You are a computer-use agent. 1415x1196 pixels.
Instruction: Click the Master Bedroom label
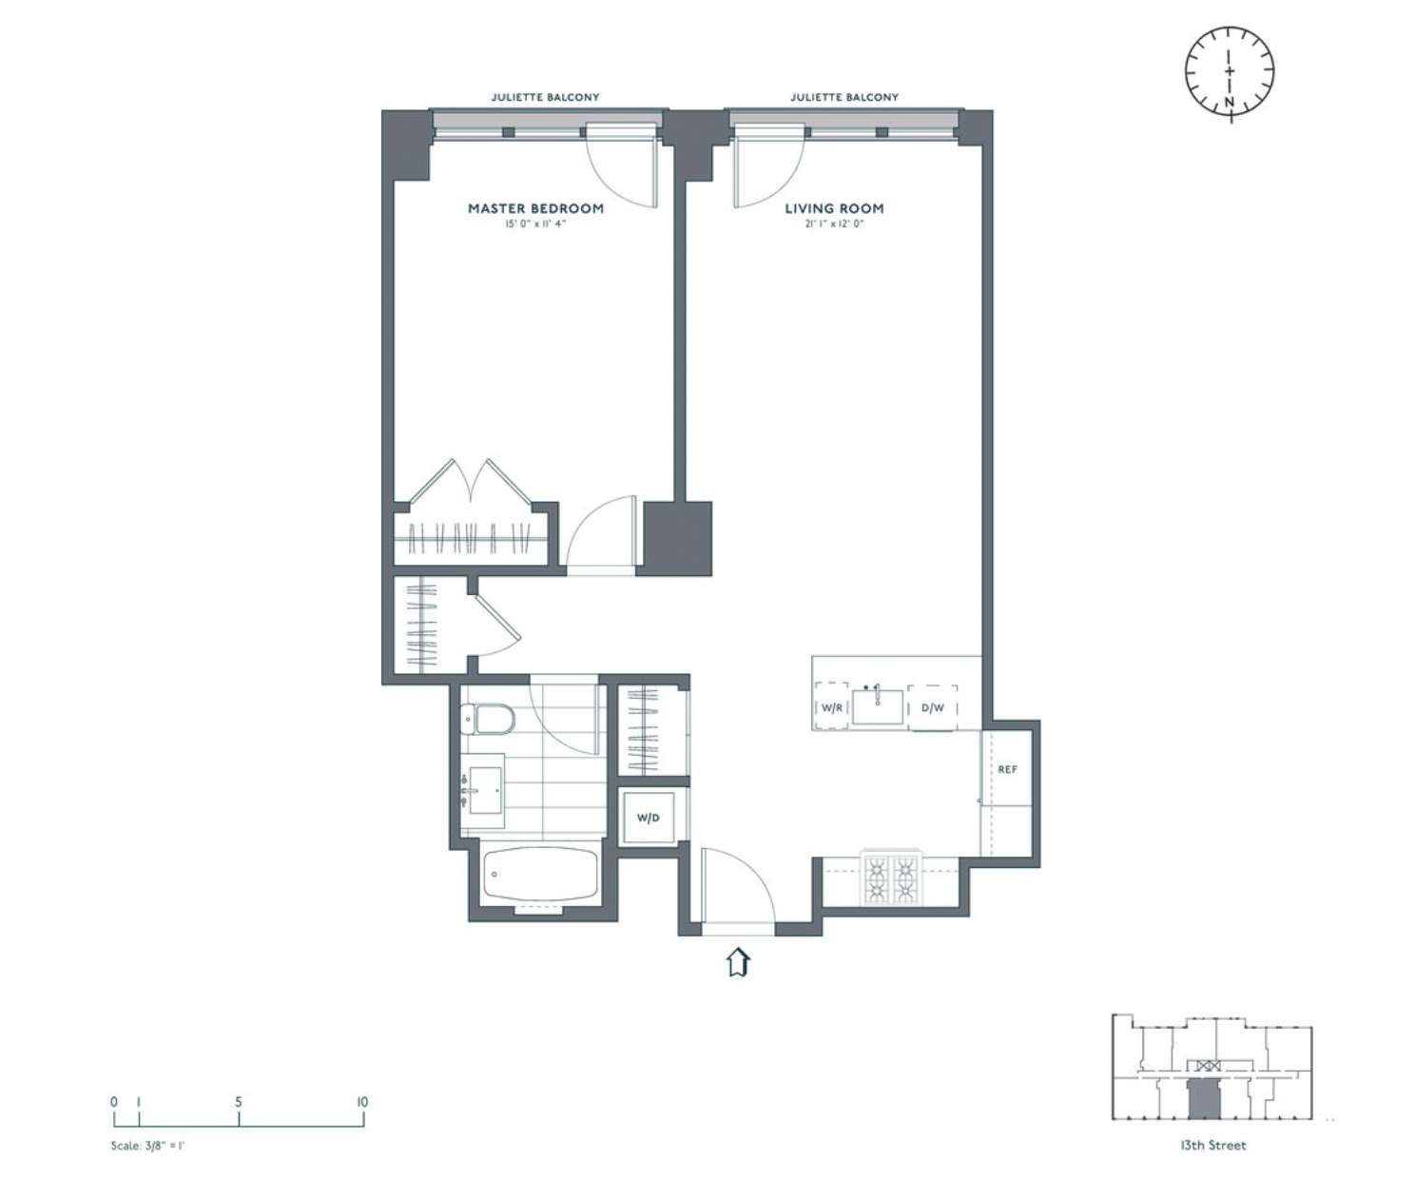[x=535, y=208]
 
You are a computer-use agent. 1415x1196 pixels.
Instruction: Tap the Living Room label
[x=834, y=208]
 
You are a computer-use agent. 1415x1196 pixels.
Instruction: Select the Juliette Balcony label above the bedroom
[x=545, y=97]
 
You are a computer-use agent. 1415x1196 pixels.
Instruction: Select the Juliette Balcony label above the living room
[x=843, y=97]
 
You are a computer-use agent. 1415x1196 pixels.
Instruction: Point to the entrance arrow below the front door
[x=738, y=962]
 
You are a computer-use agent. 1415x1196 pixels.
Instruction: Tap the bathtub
[x=540, y=875]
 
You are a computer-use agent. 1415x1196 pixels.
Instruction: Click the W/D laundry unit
[x=648, y=818]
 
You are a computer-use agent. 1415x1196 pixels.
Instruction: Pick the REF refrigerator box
[x=1007, y=769]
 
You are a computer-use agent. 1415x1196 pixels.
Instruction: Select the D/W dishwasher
[x=932, y=708]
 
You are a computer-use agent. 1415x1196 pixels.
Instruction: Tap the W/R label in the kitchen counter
[x=832, y=708]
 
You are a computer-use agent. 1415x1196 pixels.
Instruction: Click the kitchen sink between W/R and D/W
[x=877, y=706]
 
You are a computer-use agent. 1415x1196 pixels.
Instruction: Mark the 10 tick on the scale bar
[x=362, y=1103]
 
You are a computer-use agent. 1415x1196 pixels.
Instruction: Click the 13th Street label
[x=1212, y=1146]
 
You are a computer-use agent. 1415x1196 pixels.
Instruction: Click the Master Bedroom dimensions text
[x=535, y=225]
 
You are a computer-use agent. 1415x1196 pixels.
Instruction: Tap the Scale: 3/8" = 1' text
[x=147, y=1146]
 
